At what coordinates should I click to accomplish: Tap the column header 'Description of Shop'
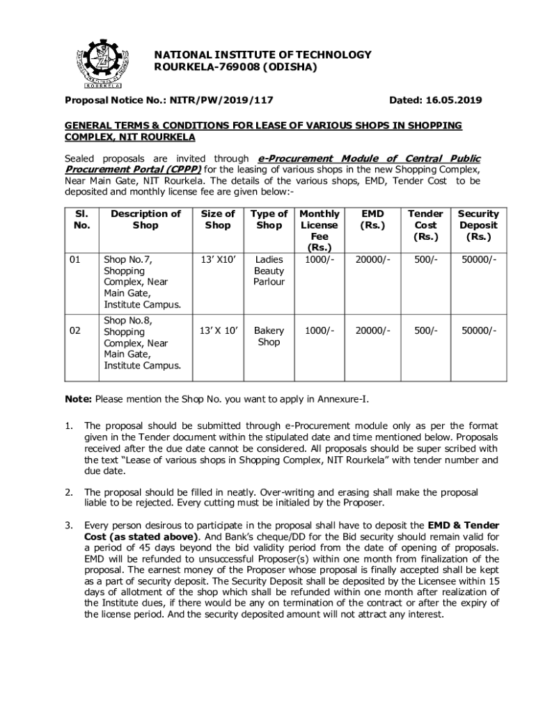(x=145, y=220)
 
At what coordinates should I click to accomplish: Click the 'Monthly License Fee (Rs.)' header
(x=320, y=231)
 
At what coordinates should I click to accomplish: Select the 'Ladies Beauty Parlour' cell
(x=269, y=270)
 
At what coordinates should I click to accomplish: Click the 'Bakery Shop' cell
(x=268, y=337)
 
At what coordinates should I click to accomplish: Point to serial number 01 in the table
(x=77, y=259)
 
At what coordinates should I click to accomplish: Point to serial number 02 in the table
(x=77, y=332)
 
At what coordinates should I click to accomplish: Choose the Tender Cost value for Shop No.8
(x=425, y=331)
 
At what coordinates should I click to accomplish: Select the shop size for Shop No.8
(x=218, y=331)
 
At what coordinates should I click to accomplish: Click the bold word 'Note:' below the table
(x=79, y=399)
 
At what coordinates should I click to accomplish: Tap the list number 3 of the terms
(x=69, y=525)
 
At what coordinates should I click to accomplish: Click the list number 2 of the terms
(x=69, y=492)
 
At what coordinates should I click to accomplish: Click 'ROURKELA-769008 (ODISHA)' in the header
(x=235, y=67)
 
